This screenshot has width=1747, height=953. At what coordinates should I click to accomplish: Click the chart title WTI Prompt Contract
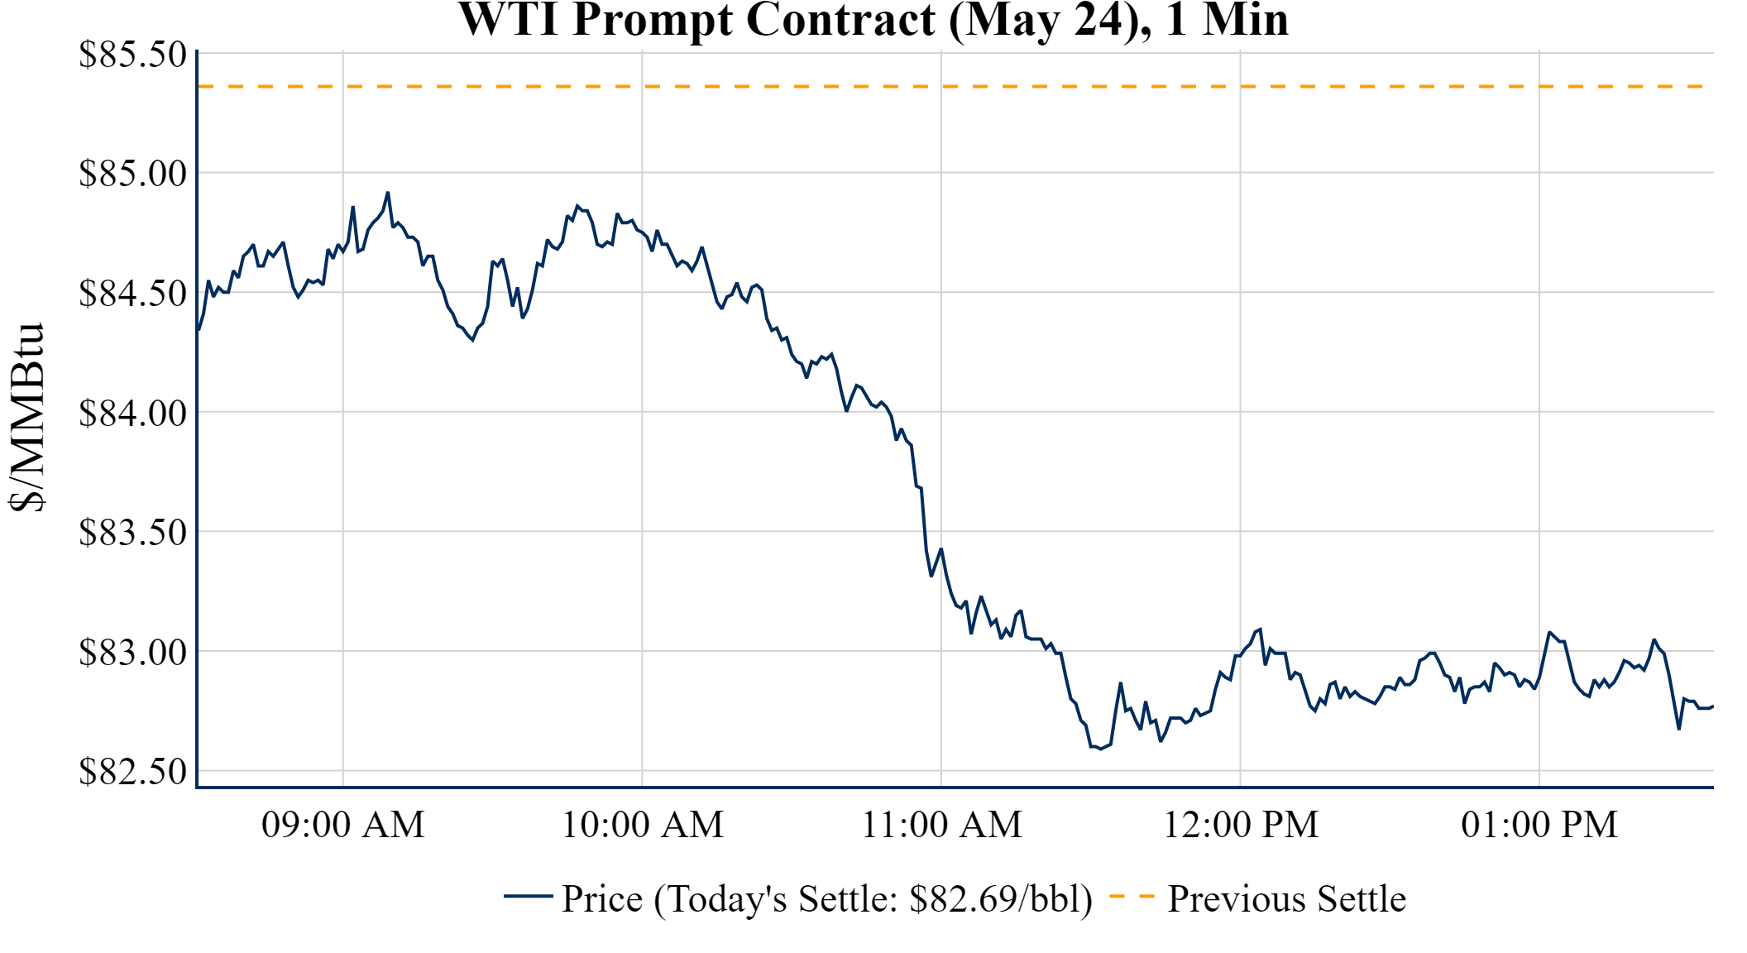pyautogui.click(x=873, y=20)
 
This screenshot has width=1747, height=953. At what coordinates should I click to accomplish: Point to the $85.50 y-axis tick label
pyautogui.click(x=132, y=55)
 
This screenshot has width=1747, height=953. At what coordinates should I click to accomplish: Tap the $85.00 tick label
pyautogui.click(x=132, y=174)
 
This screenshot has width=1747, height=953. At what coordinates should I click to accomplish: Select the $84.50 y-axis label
pyautogui.click(x=132, y=294)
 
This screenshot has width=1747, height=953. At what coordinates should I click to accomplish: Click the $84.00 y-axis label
pyautogui.click(x=132, y=413)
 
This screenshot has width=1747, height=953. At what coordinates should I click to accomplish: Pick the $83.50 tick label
pyautogui.click(x=132, y=533)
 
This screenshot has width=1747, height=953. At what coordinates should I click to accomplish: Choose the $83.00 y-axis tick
pyautogui.click(x=132, y=652)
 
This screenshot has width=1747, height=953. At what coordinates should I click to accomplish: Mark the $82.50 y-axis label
pyautogui.click(x=132, y=772)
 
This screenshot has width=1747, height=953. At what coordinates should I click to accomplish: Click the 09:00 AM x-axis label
pyautogui.click(x=343, y=825)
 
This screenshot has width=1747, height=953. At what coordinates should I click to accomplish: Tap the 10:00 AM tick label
pyautogui.click(x=643, y=825)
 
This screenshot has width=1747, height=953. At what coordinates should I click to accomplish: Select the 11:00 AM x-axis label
pyautogui.click(x=942, y=825)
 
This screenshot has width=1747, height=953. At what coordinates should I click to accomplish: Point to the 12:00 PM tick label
pyautogui.click(x=1241, y=825)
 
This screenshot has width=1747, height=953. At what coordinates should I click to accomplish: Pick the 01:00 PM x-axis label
pyautogui.click(x=1539, y=825)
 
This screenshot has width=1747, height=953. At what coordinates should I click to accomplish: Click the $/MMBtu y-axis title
pyautogui.click(x=26, y=418)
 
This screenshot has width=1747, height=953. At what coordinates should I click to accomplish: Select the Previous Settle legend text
pyautogui.click(x=1286, y=899)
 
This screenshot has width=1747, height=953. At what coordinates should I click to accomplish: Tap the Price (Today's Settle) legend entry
pyautogui.click(x=827, y=899)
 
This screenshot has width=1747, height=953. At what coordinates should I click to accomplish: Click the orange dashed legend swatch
pyautogui.click(x=1132, y=896)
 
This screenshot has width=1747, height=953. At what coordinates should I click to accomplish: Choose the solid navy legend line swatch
pyautogui.click(x=528, y=896)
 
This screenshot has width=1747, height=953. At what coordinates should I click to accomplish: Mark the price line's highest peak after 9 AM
pyautogui.click(x=387, y=193)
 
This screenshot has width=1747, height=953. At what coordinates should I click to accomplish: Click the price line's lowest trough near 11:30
pyautogui.click(x=1100, y=749)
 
